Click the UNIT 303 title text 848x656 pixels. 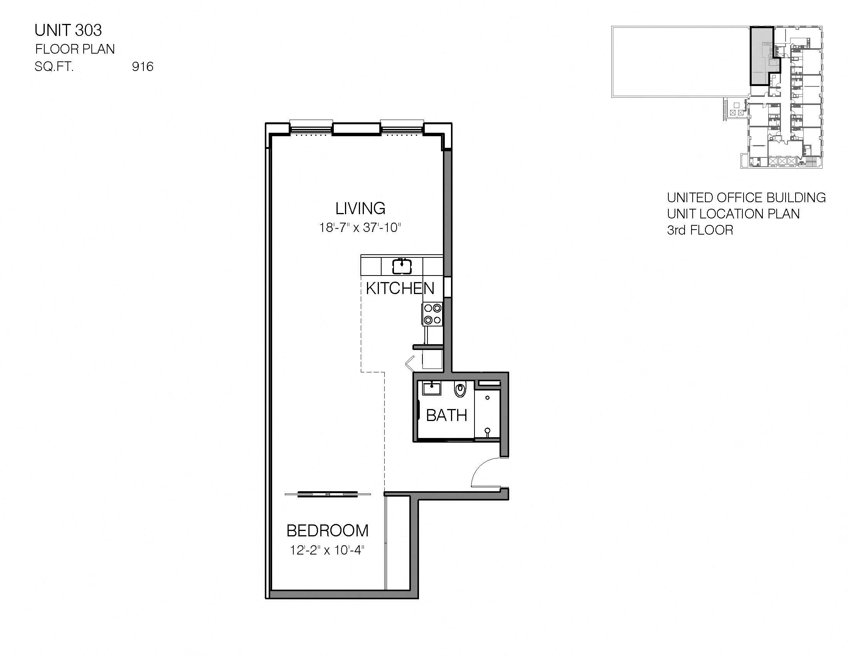68,30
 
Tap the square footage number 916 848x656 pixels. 143,67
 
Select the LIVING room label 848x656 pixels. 360,209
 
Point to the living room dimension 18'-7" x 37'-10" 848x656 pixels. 360,227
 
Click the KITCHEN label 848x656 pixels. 400,288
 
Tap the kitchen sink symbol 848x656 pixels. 402,266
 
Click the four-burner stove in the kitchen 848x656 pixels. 432,314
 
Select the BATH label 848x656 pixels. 446,416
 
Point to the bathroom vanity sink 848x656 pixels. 431,387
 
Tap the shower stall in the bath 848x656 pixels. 487,412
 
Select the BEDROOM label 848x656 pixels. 327,531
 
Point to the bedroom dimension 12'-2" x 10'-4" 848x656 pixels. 327,550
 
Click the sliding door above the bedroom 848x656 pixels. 328,494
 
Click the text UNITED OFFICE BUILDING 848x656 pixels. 746,198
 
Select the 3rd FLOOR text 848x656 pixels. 700,230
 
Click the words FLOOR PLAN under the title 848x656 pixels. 75,49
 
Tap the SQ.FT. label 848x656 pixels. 54,67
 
